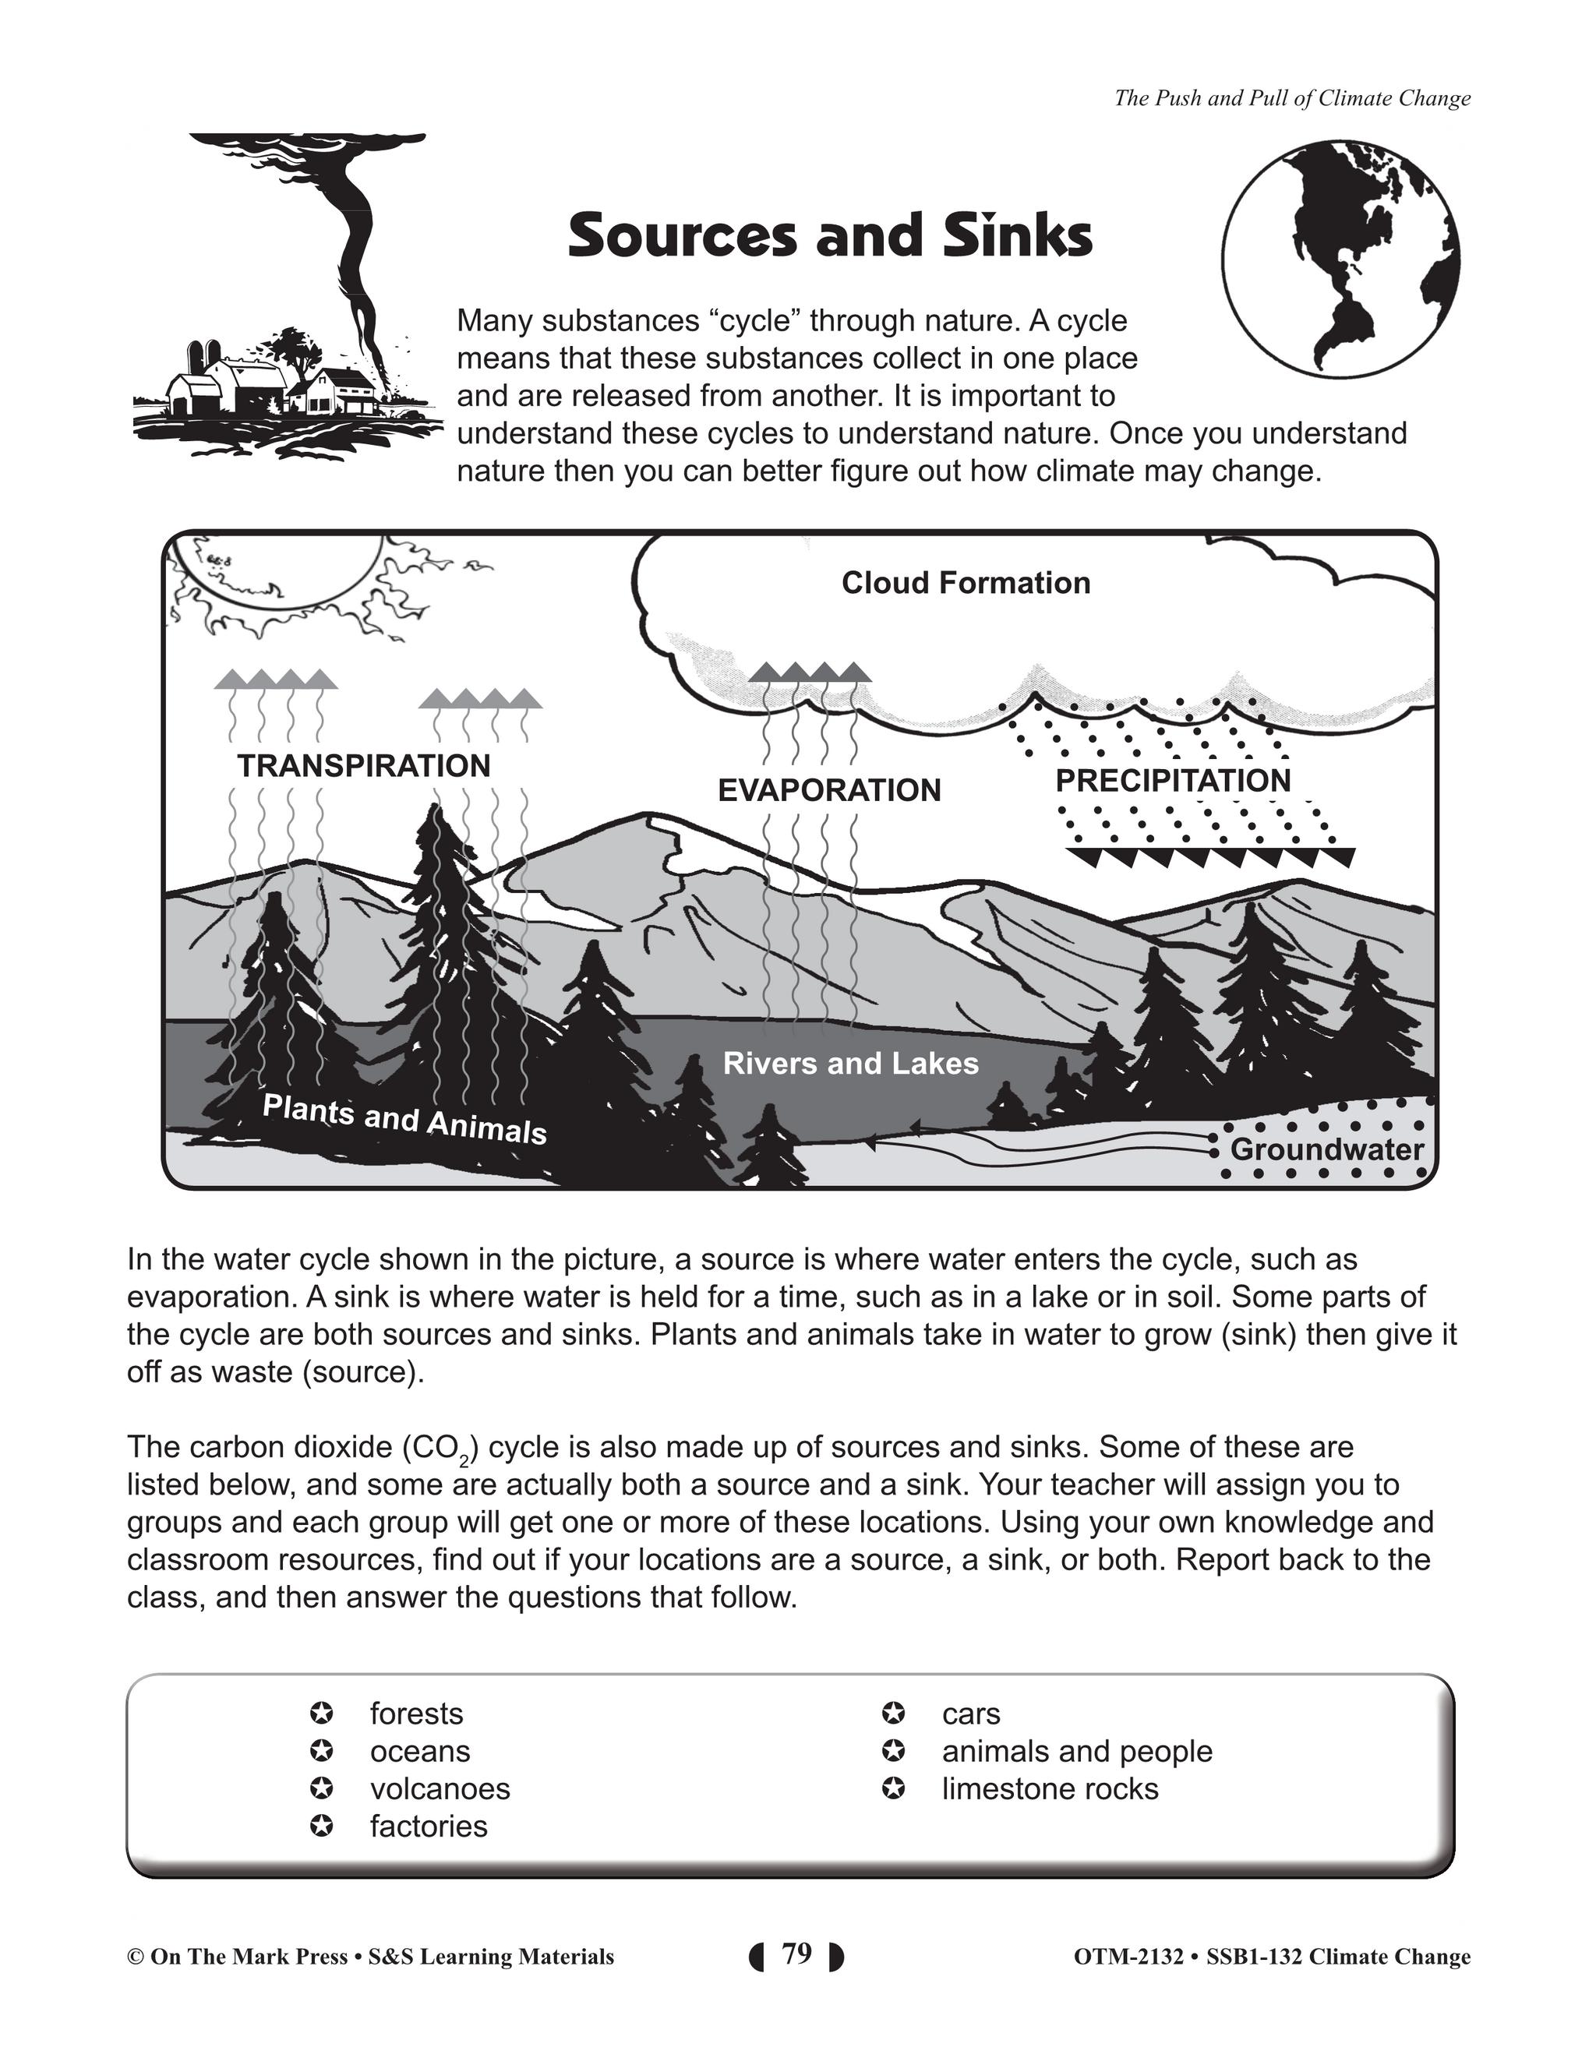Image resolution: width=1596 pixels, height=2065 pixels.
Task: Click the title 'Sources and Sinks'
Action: pyautogui.click(x=829, y=235)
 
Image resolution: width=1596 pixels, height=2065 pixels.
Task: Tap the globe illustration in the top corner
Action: pyautogui.click(x=1340, y=258)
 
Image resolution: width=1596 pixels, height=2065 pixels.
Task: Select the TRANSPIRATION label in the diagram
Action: pyautogui.click(x=364, y=766)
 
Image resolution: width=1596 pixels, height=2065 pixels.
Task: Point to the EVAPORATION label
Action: pyautogui.click(x=829, y=790)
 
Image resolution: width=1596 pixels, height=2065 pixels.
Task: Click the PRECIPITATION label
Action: pyautogui.click(x=1172, y=781)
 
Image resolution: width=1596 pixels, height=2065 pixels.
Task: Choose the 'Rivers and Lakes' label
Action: pyautogui.click(x=850, y=1064)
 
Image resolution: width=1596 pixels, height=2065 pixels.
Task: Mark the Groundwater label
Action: pyautogui.click(x=1326, y=1149)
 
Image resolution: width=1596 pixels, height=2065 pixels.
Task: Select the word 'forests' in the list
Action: pyautogui.click(x=416, y=1714)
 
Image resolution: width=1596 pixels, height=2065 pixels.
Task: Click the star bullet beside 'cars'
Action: pyautogui.click(x=892, y=1714)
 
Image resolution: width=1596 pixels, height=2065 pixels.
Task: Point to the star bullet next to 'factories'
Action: pyautogui.click(x=322, y=1826)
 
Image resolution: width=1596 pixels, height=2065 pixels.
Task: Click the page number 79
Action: pyautogui.click(x=797, y=1954)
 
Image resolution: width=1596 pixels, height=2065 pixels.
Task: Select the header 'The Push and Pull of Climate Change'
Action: pyautogui.click(x=1291, y=98)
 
